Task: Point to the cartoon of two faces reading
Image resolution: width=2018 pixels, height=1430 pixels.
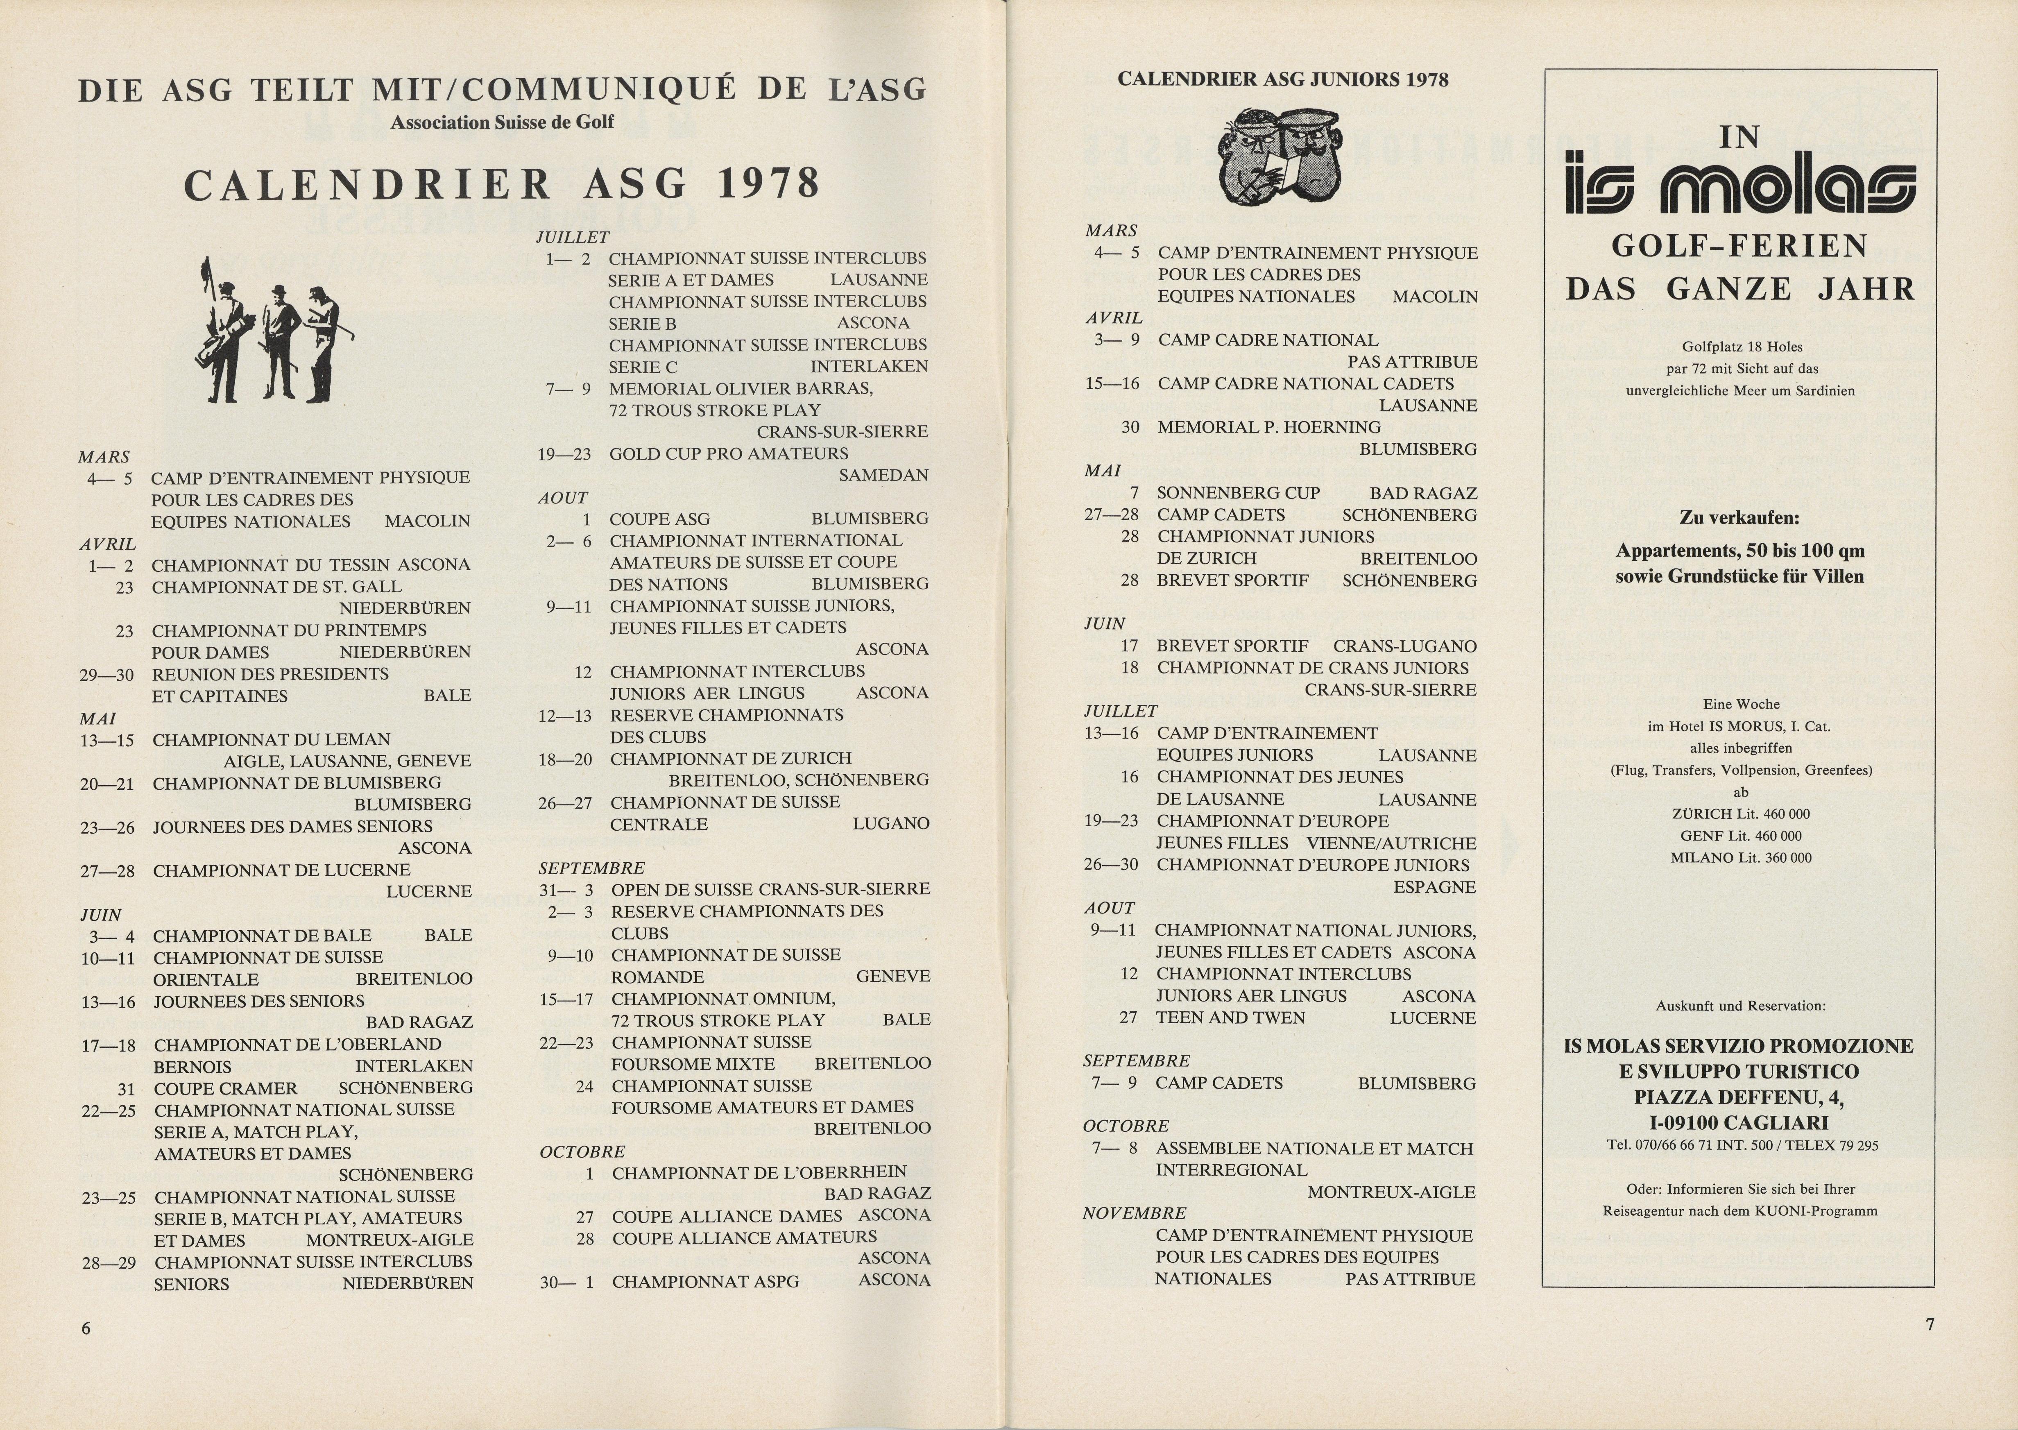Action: (x=1281, y=155)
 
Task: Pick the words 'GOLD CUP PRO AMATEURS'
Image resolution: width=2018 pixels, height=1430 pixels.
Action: (x=728, y=453)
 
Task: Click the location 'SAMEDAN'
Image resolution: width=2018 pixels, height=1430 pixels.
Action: (x=883, y=476)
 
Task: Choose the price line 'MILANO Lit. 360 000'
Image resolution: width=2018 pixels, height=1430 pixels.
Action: (x=1741, y=858)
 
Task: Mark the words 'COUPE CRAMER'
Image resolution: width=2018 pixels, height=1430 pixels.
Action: (x=225, y=1088)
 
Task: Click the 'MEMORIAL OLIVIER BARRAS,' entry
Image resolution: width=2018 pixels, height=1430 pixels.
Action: (x=741, y=388)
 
